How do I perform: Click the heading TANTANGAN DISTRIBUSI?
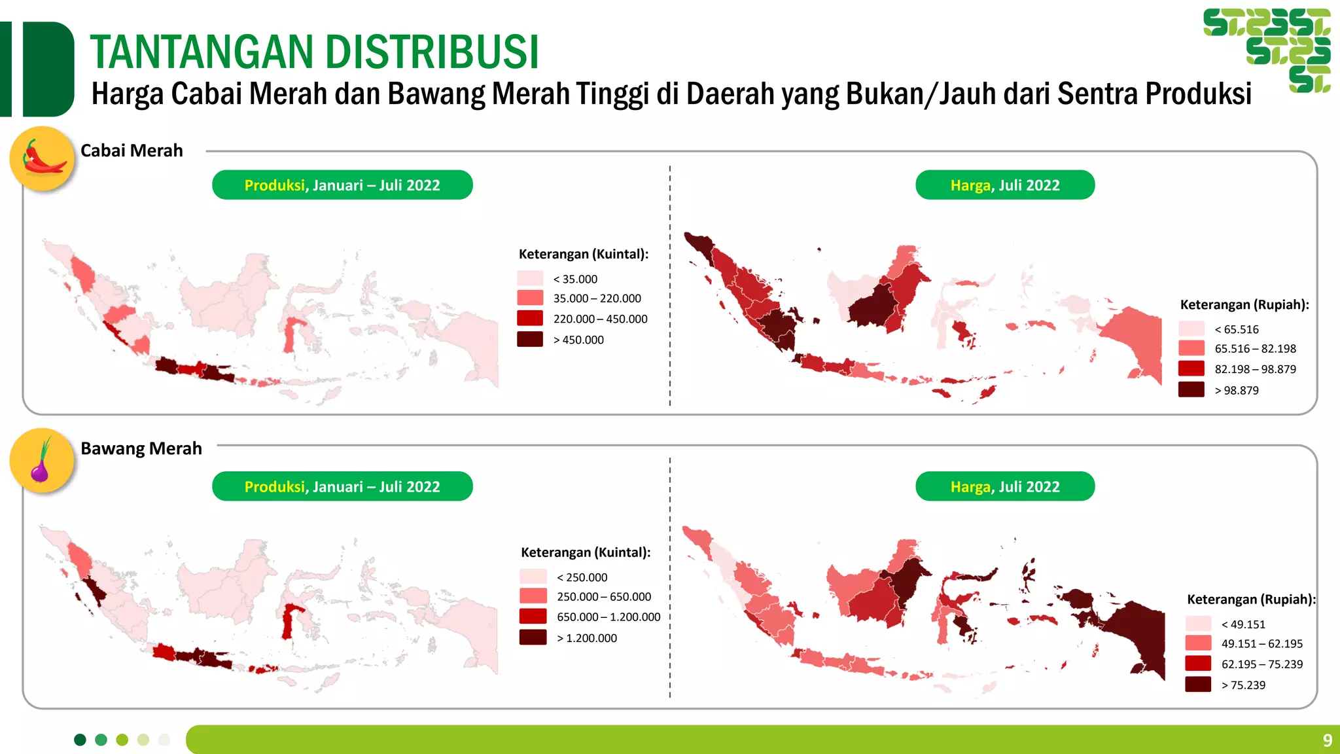[314, 52]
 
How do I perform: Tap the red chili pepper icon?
[43, 158]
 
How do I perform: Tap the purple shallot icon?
[41, 461]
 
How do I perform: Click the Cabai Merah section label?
[132, 151]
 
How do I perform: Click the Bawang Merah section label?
[141, 448]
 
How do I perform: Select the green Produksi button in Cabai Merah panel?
[342, 185]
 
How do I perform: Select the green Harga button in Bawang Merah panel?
[1004, 487]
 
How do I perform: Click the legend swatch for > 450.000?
[530, 339]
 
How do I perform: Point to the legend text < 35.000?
[575, 279]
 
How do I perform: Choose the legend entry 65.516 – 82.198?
[1255, 349]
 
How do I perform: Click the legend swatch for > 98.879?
[1191, 389]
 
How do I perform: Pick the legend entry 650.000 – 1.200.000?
[608, 617]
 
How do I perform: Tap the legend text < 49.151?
[1243, 624]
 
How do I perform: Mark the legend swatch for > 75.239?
[1197, 685]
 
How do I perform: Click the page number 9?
[1327, 740]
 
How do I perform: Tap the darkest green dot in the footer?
[80, 740]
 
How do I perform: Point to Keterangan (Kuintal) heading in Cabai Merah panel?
[583, 254]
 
